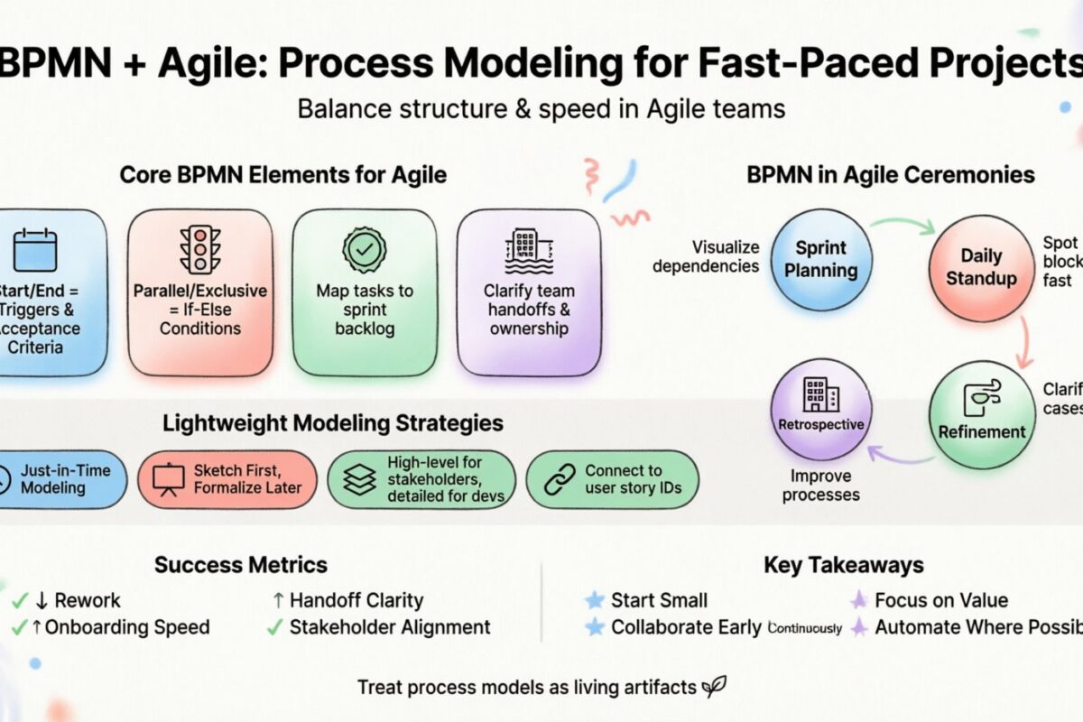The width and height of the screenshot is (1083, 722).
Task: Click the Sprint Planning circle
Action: coord(821,259)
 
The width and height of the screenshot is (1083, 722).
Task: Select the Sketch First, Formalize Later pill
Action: coord(227,479)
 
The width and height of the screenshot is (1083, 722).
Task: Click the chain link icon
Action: coord(560,479)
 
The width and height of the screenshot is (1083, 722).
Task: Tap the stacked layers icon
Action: coord(359,480)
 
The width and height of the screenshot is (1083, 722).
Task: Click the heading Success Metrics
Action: coord(240,566)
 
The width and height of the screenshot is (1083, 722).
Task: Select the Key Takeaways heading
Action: coord(843,566)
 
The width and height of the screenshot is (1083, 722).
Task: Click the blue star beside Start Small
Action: coord(594,600)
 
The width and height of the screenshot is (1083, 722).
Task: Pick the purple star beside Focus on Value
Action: coord(858,600)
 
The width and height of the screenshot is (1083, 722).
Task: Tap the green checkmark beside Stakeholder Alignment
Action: coord(274,627)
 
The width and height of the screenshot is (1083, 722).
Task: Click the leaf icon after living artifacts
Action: coord(714,687)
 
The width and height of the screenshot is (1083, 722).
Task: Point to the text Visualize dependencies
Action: coord(706,256)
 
